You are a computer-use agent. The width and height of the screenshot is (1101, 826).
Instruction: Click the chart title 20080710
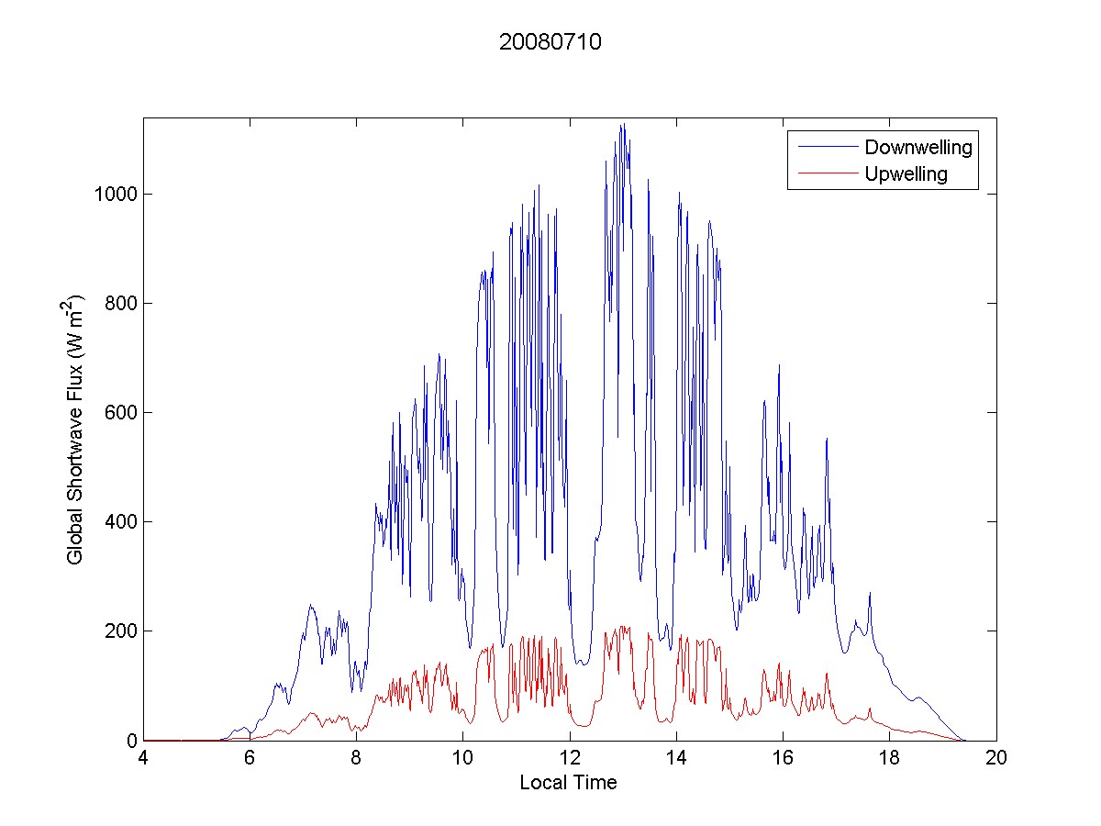550,42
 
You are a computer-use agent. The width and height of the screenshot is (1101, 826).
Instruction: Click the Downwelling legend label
917,147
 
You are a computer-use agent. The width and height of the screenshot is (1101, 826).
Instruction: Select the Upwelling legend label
906,174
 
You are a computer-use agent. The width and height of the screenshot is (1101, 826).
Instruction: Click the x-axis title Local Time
568,783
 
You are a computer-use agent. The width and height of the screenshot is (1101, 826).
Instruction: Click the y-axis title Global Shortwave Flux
75,429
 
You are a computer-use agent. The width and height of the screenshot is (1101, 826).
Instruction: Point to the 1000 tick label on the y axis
115,195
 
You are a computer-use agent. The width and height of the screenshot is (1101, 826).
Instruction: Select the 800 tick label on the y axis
119,304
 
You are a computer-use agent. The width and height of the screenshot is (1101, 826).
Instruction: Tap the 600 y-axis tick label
119,413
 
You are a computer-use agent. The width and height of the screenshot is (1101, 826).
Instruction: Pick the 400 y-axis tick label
119,522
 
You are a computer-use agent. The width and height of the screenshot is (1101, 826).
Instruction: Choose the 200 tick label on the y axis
119,631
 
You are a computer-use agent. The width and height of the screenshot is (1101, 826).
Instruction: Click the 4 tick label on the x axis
143,758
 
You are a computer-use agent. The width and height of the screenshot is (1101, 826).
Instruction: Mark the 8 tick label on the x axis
356,758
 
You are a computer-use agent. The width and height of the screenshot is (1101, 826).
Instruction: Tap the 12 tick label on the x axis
569,758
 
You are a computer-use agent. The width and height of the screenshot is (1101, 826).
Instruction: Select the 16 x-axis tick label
783,758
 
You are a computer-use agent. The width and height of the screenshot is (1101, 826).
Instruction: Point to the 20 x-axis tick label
995,758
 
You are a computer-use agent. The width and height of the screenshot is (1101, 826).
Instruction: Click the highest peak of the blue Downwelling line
623,125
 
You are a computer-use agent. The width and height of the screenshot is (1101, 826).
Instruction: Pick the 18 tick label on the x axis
889,758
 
